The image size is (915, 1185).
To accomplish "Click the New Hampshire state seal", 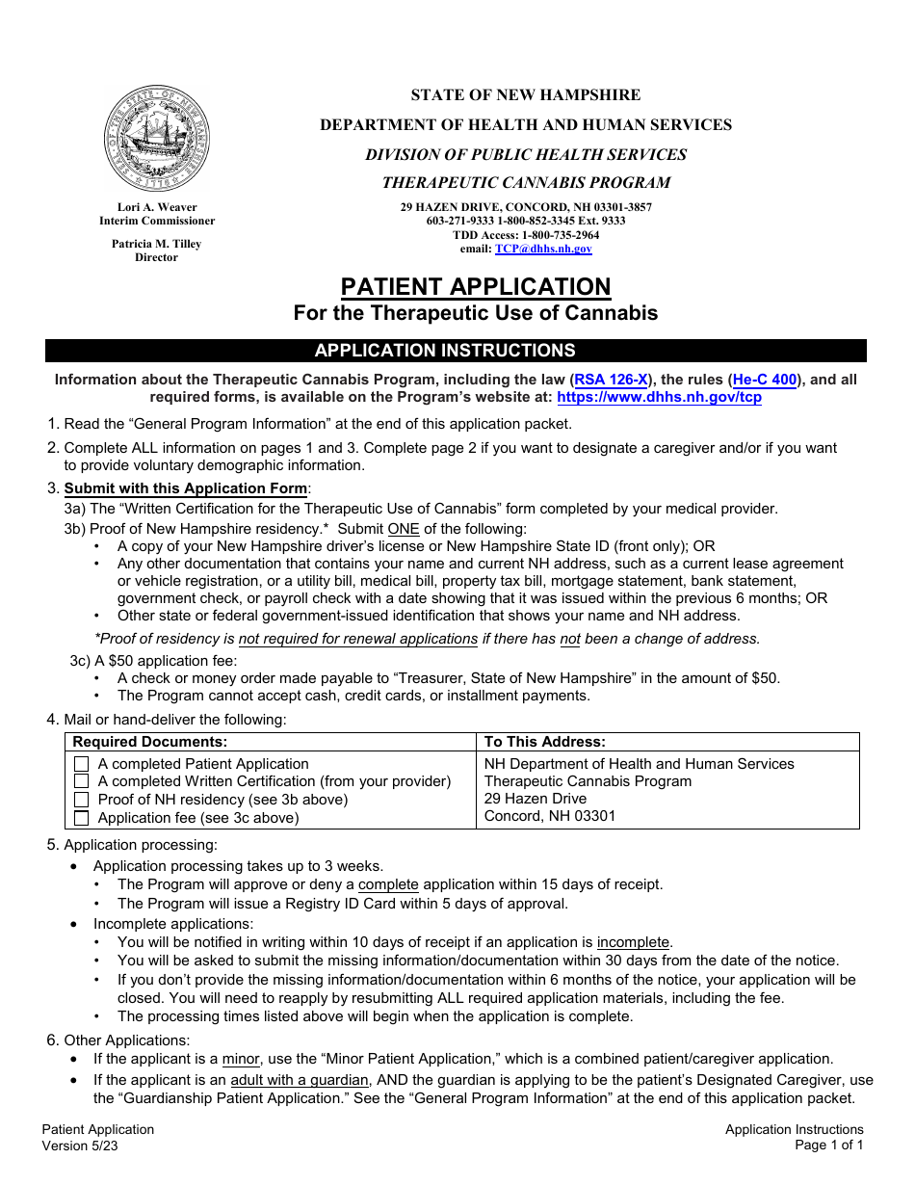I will click(x=157, y=138).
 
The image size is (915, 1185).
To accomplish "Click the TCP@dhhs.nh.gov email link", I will click(x=543, y=249).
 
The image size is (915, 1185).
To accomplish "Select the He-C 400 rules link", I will click(x=765, y=380).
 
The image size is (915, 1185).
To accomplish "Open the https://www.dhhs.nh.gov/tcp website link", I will click(x=659, y=397).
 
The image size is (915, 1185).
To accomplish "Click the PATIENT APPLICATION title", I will click(x=476, y=287).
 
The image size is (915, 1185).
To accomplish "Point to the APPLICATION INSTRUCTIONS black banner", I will click(x=456, y=351).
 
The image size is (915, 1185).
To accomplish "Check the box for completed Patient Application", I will click(x=81, y=764).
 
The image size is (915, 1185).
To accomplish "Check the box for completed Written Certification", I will click(x=81, y=781).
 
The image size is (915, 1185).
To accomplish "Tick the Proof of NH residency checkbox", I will click(x=81, y=800).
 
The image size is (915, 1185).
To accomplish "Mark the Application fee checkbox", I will click(x=81, y=818).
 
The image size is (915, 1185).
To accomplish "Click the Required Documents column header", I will click(x=150, y=742).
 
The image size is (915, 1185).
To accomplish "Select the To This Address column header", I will click(x=544, y=742).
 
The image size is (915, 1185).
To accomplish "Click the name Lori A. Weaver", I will click(x=157, y=207).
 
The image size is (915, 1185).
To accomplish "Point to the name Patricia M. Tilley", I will click(x=157, y=244).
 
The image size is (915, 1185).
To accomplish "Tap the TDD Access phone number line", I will click(x=526, y=234).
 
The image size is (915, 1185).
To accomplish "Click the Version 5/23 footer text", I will click(x=81, y=1145).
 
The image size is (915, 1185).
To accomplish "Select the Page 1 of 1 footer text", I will click(x=828, y=1145).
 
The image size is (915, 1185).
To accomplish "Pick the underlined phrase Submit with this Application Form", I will click(x=186, y=488).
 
